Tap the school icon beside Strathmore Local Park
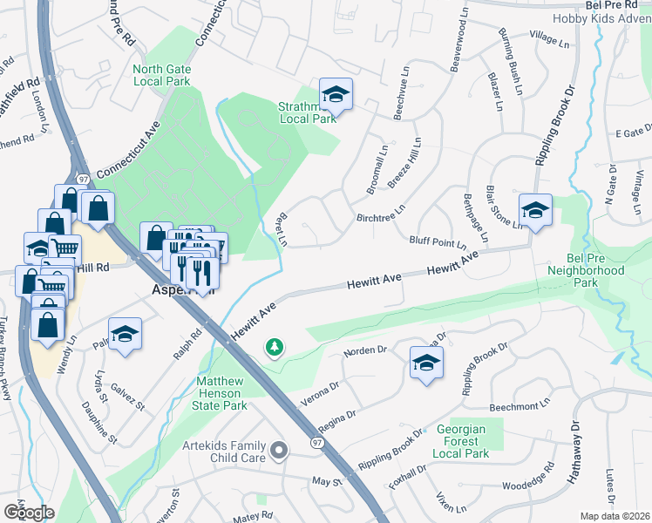pyautogui.click(x=335, y=93)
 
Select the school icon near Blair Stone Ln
pyautogui.click(x=535, y=210)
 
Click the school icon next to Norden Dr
pyautogui.click(x=425, y=363)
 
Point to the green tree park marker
pyautogui.click(x=275, y=349)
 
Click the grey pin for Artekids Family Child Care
pyautogui.click(x=278, y=451)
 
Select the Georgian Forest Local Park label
pyautogui.click(x=471, y=442)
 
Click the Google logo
pyautogui.click(x=28, y=512)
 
